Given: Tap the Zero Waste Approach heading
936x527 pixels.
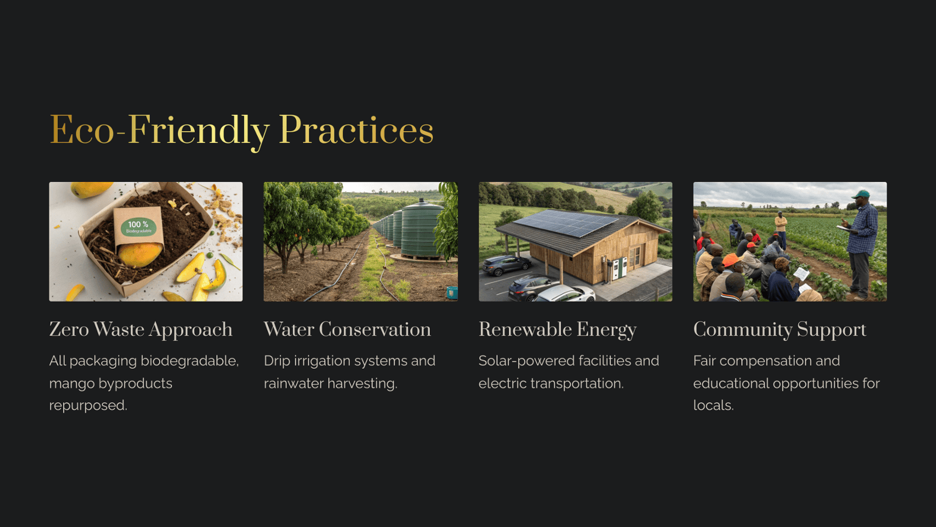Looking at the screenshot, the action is click(141, 330).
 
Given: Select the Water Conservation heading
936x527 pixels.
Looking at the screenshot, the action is click(347, 329).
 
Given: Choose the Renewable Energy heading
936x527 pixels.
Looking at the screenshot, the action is click(558, 330).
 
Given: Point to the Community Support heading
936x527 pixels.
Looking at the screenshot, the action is click(780, 330).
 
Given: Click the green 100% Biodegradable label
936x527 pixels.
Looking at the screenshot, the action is click(139, 227).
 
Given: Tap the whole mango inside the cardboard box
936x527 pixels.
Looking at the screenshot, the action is click(140, 254).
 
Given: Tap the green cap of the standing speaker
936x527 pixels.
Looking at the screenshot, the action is click(861, 194).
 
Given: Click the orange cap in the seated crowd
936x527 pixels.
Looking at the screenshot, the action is click(731, 260).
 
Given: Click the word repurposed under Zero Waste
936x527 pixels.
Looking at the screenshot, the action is click(88, 406).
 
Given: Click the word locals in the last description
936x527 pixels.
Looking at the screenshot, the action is click(713, 405).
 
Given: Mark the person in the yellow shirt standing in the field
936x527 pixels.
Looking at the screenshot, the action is click(780, 228).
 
